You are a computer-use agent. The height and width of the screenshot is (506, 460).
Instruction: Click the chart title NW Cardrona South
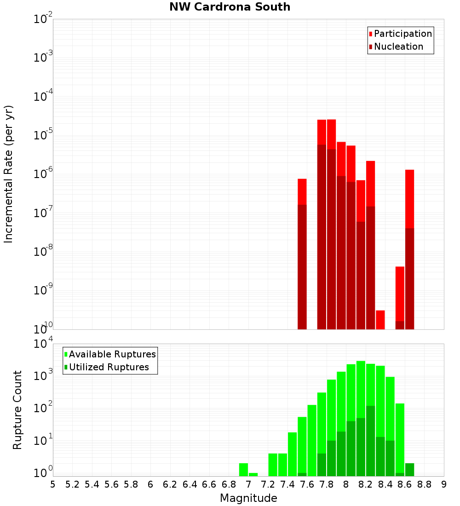[230, 7]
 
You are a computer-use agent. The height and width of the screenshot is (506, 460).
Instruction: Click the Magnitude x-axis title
[248, 498]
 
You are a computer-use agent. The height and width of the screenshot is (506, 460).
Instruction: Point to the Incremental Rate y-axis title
[9, 174]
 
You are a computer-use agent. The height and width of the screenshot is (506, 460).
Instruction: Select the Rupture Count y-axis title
[17, 409]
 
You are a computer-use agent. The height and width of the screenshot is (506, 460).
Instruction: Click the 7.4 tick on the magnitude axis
[287, 484]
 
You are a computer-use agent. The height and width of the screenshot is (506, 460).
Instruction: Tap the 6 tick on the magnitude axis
[150, 484]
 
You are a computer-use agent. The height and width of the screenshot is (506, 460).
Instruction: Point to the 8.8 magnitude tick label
[424, 484]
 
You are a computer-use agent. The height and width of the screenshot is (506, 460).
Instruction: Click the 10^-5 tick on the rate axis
[43, 135]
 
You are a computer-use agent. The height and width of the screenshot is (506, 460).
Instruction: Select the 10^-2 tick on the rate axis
[43, 19]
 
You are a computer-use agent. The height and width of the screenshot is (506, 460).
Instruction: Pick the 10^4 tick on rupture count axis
[43, 344]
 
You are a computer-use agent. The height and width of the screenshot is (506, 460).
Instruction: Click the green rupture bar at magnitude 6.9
[244, 469]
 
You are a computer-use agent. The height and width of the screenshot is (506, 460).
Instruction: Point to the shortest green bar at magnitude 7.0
[253, 474]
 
